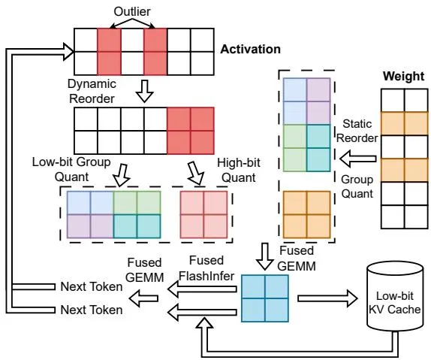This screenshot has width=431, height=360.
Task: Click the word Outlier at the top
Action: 132,11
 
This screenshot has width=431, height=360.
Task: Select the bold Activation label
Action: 250,50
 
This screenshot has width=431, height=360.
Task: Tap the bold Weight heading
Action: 403,76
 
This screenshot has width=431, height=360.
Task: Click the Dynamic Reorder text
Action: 92,91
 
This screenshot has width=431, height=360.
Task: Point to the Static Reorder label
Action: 357,131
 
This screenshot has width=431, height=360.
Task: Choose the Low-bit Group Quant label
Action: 71,169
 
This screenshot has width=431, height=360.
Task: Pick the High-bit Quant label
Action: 239,170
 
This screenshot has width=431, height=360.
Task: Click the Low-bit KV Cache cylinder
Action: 395,298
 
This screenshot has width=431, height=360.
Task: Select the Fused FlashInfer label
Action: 206,268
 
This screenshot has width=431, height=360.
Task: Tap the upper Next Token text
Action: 92,286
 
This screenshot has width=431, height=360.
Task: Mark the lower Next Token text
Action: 92,310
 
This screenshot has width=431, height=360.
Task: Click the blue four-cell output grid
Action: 265,298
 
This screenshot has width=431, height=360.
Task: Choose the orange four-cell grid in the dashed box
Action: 307,214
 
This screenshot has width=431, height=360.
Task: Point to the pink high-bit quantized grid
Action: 203,214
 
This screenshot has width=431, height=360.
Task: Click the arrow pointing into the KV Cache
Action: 327,298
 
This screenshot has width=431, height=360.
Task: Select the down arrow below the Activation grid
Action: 145,92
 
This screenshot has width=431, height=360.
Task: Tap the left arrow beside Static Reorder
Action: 358,159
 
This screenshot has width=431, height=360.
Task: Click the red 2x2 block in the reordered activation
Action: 191,131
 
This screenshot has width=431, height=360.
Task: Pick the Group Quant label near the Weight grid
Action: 357,186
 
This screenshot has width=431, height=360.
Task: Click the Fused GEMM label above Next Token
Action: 145,270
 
